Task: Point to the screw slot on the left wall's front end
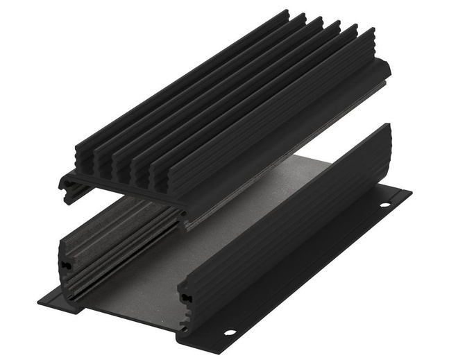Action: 67,265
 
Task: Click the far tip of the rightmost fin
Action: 372,31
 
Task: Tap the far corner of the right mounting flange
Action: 409,192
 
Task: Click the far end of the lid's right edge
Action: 385,68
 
